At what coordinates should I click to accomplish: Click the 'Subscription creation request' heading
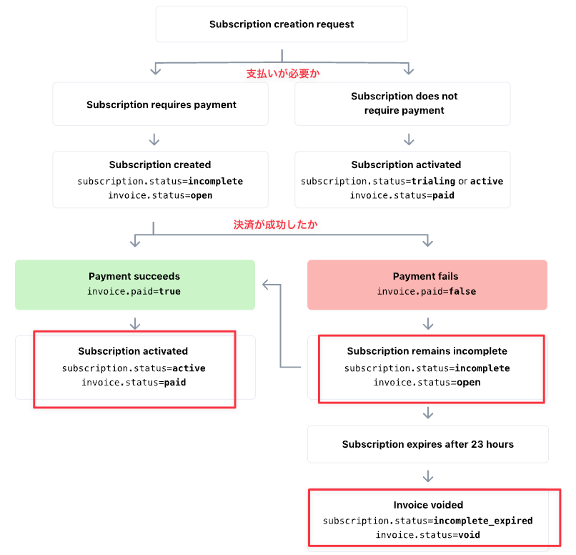pyautogui.click(x=282, y=24)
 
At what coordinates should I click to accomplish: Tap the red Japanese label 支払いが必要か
pyautogui.click(x=283, y=74)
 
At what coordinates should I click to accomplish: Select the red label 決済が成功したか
pyautogui.click(x=275, y=225)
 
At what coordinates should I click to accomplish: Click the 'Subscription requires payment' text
pyautogui.click(x=162, y=104)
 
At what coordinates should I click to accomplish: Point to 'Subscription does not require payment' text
pyautogui.click(x=404, y=103)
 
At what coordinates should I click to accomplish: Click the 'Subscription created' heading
pyautogui.click(x=160, y=164)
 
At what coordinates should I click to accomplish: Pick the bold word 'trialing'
pyautogui.click(x=433, y=181)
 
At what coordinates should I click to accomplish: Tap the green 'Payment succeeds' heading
pyautogui.click(x=134, y=276)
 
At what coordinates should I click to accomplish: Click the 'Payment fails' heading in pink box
pyautogui.click(x=425, y=276)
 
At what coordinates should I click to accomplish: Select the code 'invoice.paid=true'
pyautogui.click(x=134, y=292)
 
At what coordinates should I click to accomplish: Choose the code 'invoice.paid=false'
pyautogui.click(x=426, y=292)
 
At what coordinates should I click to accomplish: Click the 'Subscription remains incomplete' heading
pyautogui.click(x=427, y=351)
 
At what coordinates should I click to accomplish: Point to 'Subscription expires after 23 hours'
pyautogui.click(x=427, y=444)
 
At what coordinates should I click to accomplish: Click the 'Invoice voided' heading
pyautogui.click(x=428, y=505)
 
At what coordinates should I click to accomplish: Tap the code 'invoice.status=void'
pyautogui.click(x=427, y=535)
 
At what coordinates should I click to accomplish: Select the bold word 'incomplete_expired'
pyautogui.click(x=483, y=521)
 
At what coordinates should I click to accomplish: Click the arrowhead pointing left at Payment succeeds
pyautogui.click(x=265, y=285)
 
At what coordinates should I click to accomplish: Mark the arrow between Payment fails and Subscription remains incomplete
pyautogui.click(x=428, y=324)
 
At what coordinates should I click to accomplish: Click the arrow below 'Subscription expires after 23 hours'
pyautogui.click(x=428, y=476)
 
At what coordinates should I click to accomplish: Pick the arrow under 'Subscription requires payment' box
pyautogui.click(x=154, y=139)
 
